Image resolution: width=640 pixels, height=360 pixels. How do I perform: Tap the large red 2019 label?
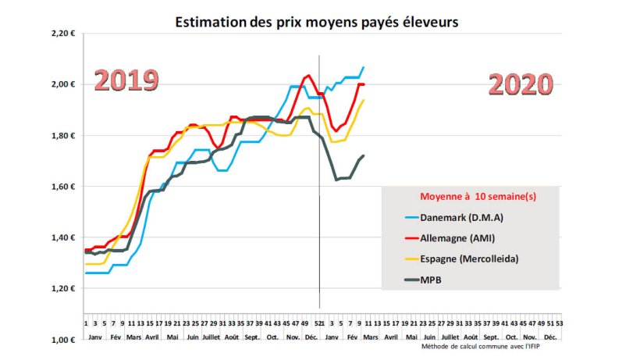coord(126,80)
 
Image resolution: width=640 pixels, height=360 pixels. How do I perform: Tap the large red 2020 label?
coord(521,84)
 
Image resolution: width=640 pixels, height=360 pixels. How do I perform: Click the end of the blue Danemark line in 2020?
coord(363,68)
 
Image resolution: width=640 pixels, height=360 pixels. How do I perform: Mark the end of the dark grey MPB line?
coord(363,155)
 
